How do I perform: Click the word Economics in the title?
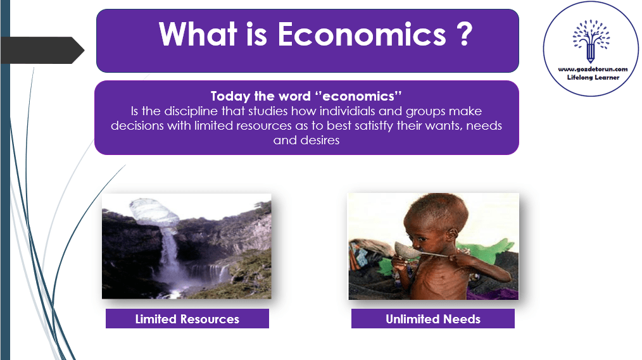click(362, 34)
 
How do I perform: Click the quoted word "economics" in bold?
click(358, 96)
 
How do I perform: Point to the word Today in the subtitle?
click(230, 97)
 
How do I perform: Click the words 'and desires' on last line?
click(306, 140)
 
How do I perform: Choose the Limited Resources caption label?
click(187, 319)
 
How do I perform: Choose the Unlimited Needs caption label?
click(433, 319)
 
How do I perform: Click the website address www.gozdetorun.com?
click(593, 69)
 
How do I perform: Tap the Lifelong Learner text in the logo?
click(593, 77)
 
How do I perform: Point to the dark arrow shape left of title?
click(42, 51)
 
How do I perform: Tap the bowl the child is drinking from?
click(407, 249)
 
